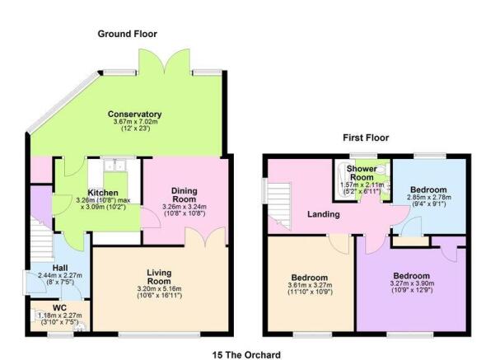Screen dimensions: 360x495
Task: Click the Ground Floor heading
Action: click(x=127, y=34)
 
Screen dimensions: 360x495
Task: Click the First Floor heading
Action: click(x=366, y=138)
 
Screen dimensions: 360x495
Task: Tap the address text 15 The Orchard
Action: click(x=246, y=354)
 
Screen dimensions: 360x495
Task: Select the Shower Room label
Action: click(x=361, y=173)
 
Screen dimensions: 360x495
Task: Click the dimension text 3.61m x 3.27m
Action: click(x=308, y=285)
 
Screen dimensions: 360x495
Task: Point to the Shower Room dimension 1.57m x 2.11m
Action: click(x=361, y=185)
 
